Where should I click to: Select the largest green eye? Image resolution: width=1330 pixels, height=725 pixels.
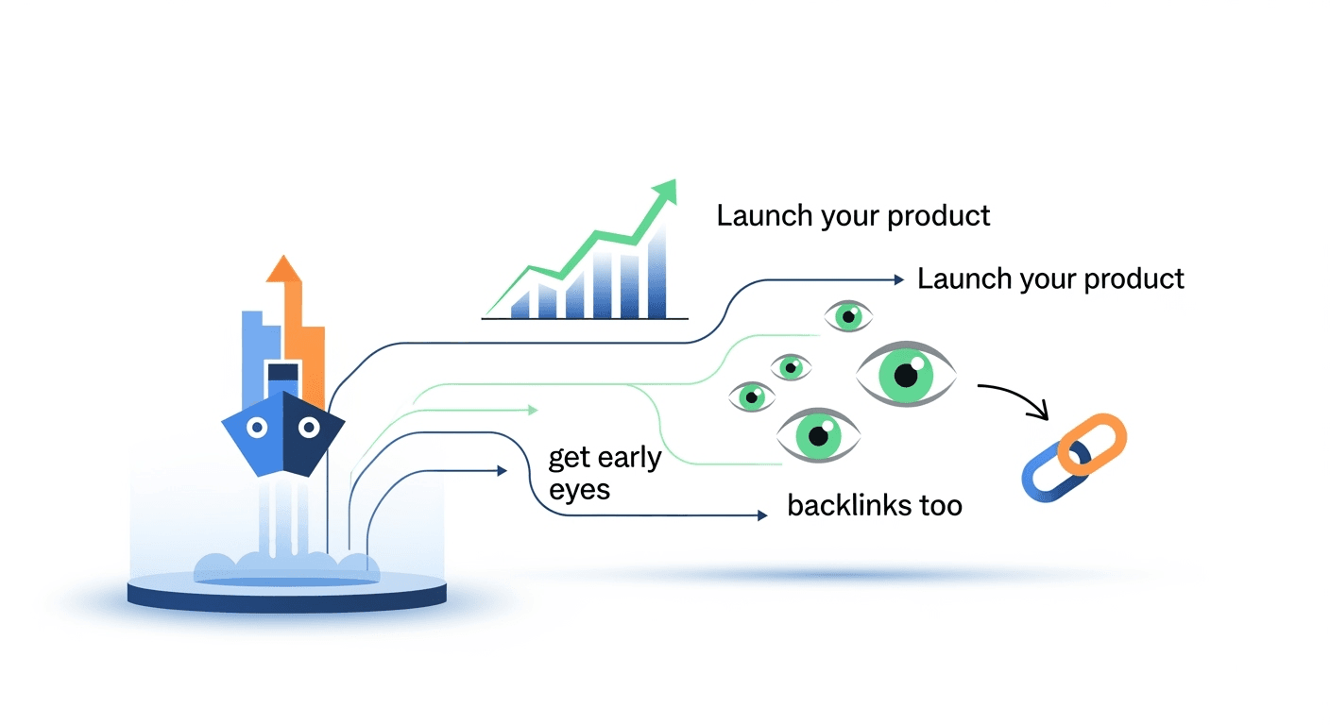click(x=905, y=375)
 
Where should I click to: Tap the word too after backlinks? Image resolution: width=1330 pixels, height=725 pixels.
click(x=940, y=505)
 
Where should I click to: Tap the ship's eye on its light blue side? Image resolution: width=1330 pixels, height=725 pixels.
click(x=257, y=428)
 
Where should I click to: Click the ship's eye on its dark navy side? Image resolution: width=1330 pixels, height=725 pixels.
click(x=308, y=428)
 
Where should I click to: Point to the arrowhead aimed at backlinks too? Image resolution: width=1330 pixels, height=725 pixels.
click(x=760, y=515)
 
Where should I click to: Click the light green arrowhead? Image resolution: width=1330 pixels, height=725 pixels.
click(x=533, y=410)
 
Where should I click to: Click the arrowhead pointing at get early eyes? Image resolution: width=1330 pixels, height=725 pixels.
click(x=502, y=469)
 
